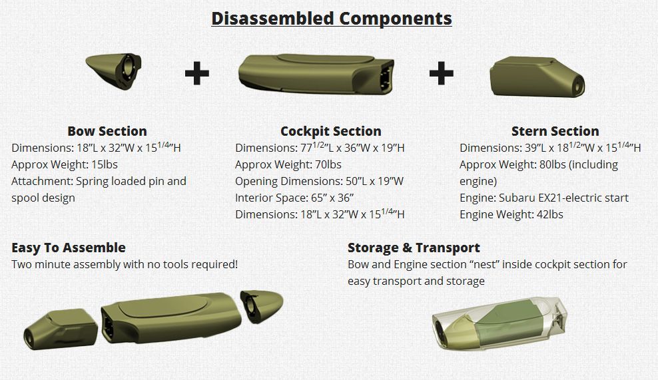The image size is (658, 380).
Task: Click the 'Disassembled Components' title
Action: point(332,19)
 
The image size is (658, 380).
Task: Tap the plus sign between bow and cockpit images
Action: point(197,73)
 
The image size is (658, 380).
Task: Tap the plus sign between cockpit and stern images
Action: point(442,73)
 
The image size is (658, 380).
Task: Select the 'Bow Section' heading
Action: point(107,131)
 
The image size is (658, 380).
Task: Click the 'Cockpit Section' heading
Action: point(331,131)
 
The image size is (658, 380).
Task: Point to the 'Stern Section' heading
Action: point(555,131)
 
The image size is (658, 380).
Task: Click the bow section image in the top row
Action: point(114,71)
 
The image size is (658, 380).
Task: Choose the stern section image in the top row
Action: point(537,77)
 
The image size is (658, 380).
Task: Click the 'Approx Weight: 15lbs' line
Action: point(65,164)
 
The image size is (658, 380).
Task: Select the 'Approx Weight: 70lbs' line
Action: point(288,164)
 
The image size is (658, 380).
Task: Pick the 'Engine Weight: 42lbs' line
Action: point(511,214)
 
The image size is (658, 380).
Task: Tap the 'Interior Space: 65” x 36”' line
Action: point(294,198)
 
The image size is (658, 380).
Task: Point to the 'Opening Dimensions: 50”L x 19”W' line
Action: point(320,181)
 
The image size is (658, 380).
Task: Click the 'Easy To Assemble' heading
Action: point(69,248)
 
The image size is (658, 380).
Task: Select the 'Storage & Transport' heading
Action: point(414,248)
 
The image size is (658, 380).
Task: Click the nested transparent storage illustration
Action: point(499,323)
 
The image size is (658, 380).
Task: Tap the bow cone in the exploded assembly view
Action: point(262,306)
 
